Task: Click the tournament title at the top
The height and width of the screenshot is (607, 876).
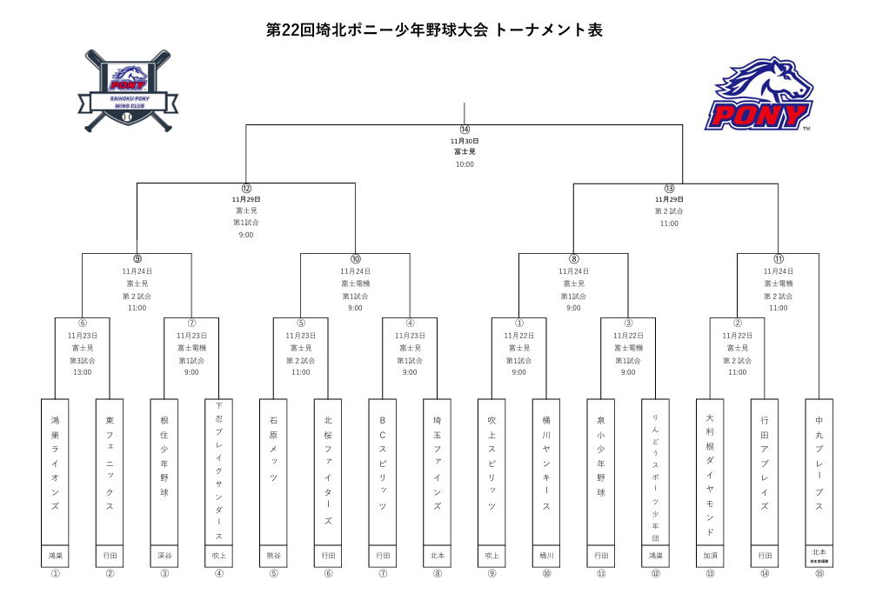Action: tap(434, 30)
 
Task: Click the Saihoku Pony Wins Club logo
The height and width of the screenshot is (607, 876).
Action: tap(128, 91)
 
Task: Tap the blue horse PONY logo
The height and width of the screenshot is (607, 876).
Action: tap(762, 94)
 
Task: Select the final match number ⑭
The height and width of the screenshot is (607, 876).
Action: tap(465, 130)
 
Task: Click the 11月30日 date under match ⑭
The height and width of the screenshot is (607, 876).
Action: tap(465, 141)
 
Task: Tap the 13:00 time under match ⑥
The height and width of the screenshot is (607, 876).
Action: tap(83, 372)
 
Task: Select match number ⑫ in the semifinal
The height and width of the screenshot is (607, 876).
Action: tap(246, 188)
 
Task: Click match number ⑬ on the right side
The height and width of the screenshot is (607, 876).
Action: tap(669, 188)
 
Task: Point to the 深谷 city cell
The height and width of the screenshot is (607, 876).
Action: tap(164, 555)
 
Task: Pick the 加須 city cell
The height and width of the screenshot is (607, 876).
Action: tap(710, 555)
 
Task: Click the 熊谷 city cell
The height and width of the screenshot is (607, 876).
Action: tap(274, 555)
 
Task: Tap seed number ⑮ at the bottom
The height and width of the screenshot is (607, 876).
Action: tap(819, 573)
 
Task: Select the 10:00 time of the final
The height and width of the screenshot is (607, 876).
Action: tap(465, 163)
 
